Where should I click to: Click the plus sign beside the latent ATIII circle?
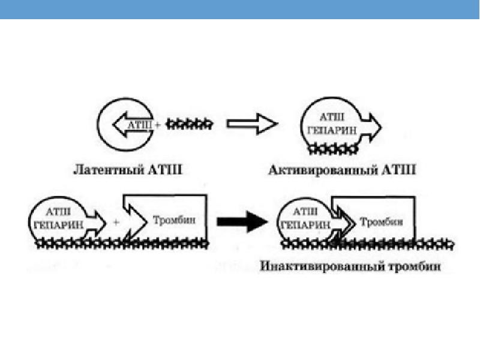(x=157, y=125)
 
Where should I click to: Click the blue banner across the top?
(x=240, y=9)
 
